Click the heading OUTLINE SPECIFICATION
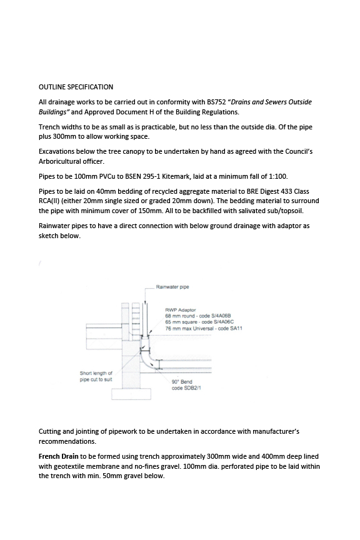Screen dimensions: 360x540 [76, 87]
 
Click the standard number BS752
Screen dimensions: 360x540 [216, 102]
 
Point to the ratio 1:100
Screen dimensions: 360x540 [278, 176]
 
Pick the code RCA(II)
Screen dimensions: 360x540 [49, 201]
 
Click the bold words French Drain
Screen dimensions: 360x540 [59, 456]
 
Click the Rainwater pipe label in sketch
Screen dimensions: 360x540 [172, 287]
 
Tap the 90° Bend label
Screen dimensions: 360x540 [182, 382]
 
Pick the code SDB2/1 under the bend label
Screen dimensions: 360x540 [192, 387]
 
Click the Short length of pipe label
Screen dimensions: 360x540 [96, 376]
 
